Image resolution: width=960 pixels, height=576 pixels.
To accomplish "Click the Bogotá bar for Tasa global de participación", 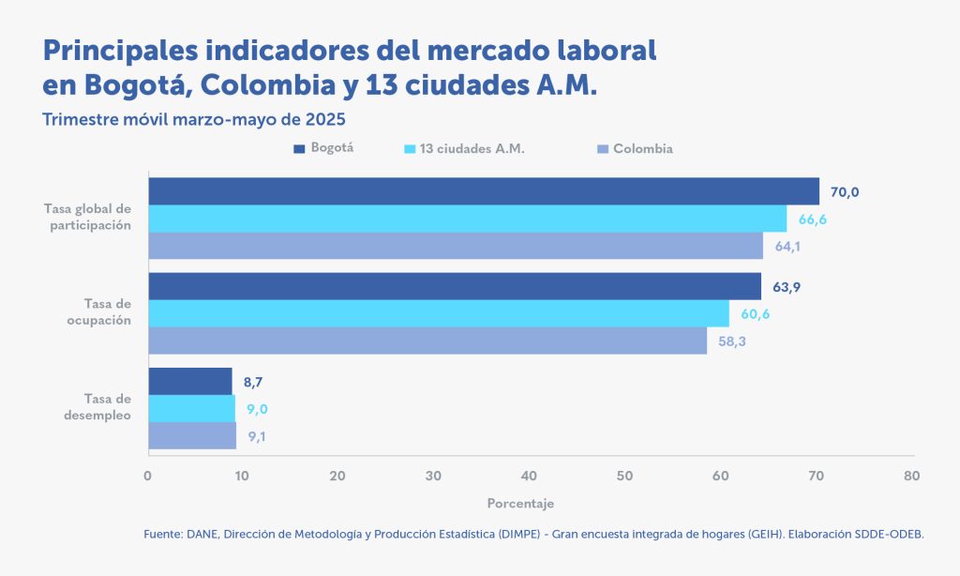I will (483, 191).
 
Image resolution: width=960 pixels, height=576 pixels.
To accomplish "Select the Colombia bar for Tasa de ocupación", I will (427, 341).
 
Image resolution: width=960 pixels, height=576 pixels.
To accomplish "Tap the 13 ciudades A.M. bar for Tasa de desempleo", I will (191, 409).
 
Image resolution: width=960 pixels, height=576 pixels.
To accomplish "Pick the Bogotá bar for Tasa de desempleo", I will (190, 382).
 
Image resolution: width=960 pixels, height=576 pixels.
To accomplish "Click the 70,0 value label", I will (844, 192).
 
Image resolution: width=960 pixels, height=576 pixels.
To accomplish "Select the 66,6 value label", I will (812, 220).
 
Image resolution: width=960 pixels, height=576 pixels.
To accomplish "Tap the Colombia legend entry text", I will (643, 148).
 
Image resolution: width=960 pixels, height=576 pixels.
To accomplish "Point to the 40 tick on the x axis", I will (529, 476).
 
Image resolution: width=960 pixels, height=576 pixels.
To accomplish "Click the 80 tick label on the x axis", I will (910, 476).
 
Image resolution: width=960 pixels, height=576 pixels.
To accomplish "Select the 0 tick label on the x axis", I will (148, 476).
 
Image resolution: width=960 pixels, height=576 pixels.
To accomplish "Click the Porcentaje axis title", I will (520, 503).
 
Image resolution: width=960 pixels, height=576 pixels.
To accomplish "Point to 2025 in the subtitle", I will (327, 119).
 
